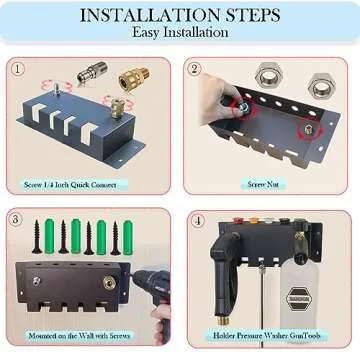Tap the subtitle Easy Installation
tap(180, 33)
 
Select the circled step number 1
tap(19, 69)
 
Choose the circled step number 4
tap(198, 220)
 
